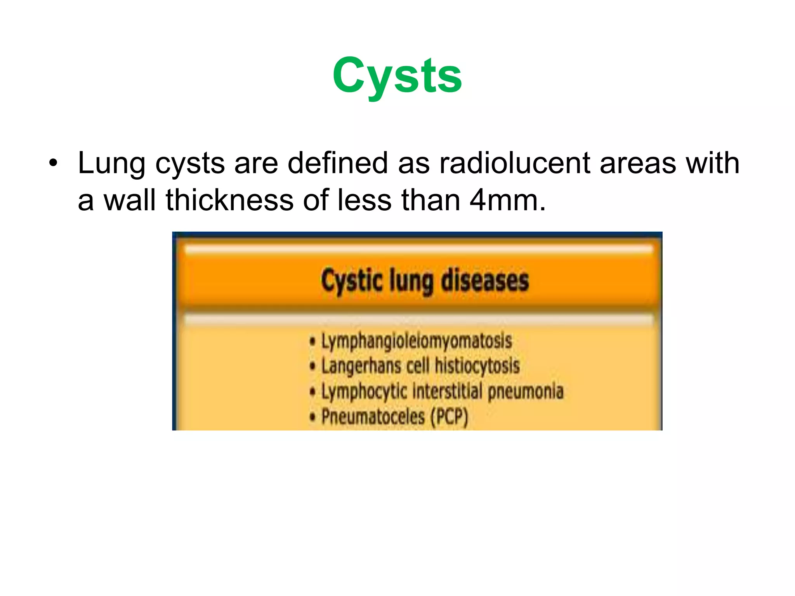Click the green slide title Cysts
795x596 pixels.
(x=397, y=76)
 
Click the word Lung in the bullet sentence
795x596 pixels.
(x=111, y=163)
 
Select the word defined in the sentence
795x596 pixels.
(x=337, y=163)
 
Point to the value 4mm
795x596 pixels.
(x=507, y=200)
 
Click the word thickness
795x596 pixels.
(x=229, y=200)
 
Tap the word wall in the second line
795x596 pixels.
(x=130, y=200)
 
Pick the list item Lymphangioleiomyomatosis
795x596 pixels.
(x=416, y=341)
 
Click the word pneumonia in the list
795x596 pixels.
(x=525, y=392)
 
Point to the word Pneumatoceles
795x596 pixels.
(x=373, y=417)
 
